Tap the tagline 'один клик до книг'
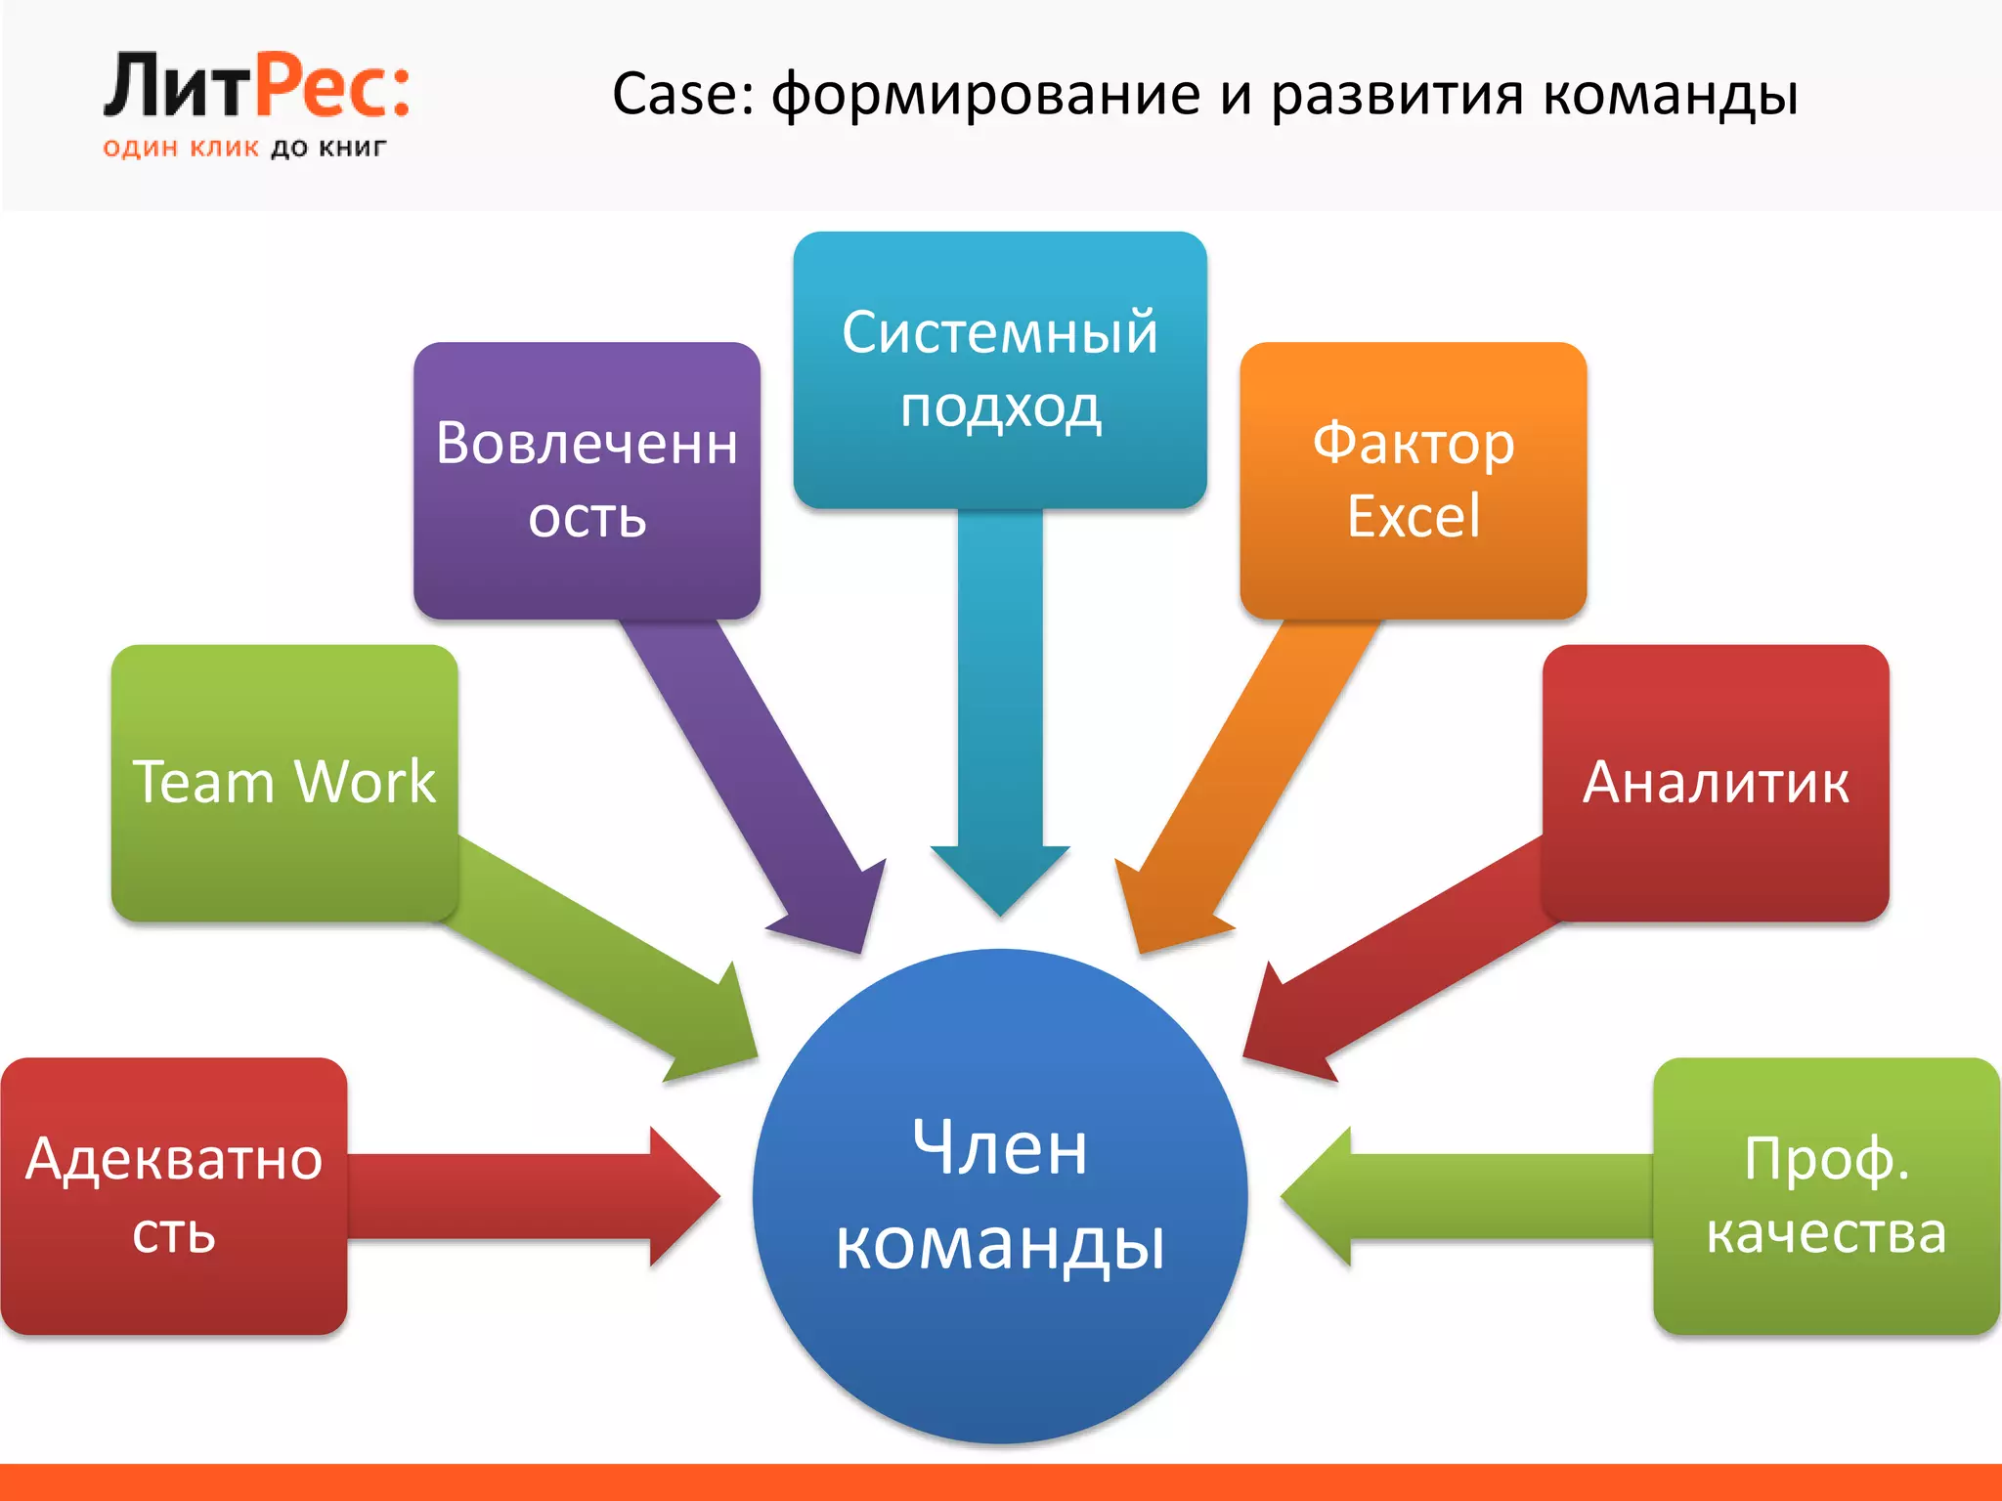[x=244, y=149]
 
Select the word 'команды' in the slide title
[x=1671, y=96]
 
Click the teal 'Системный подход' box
[x=1000, y=369]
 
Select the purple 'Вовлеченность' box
[x=587, y=480]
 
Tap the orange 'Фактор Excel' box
[x=1413, y=480]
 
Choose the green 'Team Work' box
[x=284, y=782]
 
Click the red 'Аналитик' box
[x=1716, y=782]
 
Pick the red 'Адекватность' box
[x=174, y=1195]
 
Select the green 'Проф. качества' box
[x=1826, y=1195]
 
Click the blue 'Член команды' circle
[x=1000, y=1195]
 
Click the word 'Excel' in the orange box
[x=1414, y=517]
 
